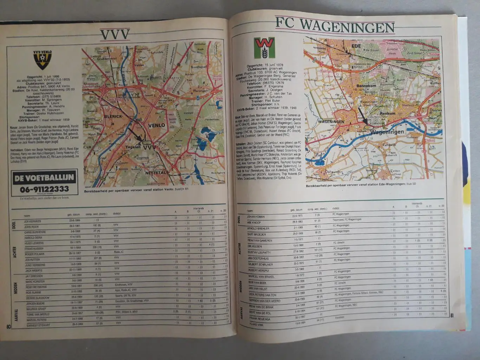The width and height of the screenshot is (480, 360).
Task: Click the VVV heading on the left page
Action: pos(115,35)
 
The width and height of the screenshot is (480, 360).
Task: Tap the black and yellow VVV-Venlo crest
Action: pos(43,60)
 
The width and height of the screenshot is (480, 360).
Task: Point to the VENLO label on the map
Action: pos(156,125)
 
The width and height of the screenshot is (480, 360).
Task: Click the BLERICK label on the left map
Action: pos(113,116)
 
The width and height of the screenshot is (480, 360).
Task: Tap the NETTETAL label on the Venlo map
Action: pos(156,172)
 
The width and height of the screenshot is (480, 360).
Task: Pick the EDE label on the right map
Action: pos(356,46)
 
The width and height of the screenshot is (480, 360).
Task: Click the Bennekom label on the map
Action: pos(366,85)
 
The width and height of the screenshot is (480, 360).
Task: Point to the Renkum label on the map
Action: pos(387,113)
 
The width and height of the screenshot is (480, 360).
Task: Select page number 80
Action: pos(8,326)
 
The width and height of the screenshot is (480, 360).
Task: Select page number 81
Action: pos(452,315)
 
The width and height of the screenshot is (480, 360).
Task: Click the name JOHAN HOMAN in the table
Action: pos(255,217)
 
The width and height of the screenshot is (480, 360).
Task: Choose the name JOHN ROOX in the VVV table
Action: pos(31,227)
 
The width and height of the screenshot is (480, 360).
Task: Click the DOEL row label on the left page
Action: pos(14,224)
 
